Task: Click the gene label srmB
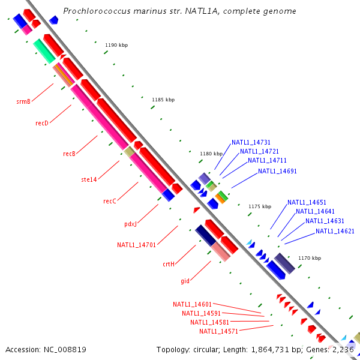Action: click(23, 101)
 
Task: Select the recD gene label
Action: click(41, 123)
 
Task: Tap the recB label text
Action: click(69, 154)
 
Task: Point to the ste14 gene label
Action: click(89, 179)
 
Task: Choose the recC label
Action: click(109, 201)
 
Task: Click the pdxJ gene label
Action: click(131, 224)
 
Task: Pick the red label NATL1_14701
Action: click(136, 244)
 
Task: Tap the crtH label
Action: click(168, 263)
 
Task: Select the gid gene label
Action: click(185, 280)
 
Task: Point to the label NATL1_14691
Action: click(277, 171)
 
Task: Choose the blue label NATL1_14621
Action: click(335, 231)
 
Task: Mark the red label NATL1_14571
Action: click(218, 331)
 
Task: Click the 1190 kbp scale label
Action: click(116, 45)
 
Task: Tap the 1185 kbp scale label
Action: click(163, 99)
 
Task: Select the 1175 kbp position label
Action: click(260, 206)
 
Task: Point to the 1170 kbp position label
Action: click(310, 258)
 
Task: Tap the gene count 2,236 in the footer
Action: click(343, 349)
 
